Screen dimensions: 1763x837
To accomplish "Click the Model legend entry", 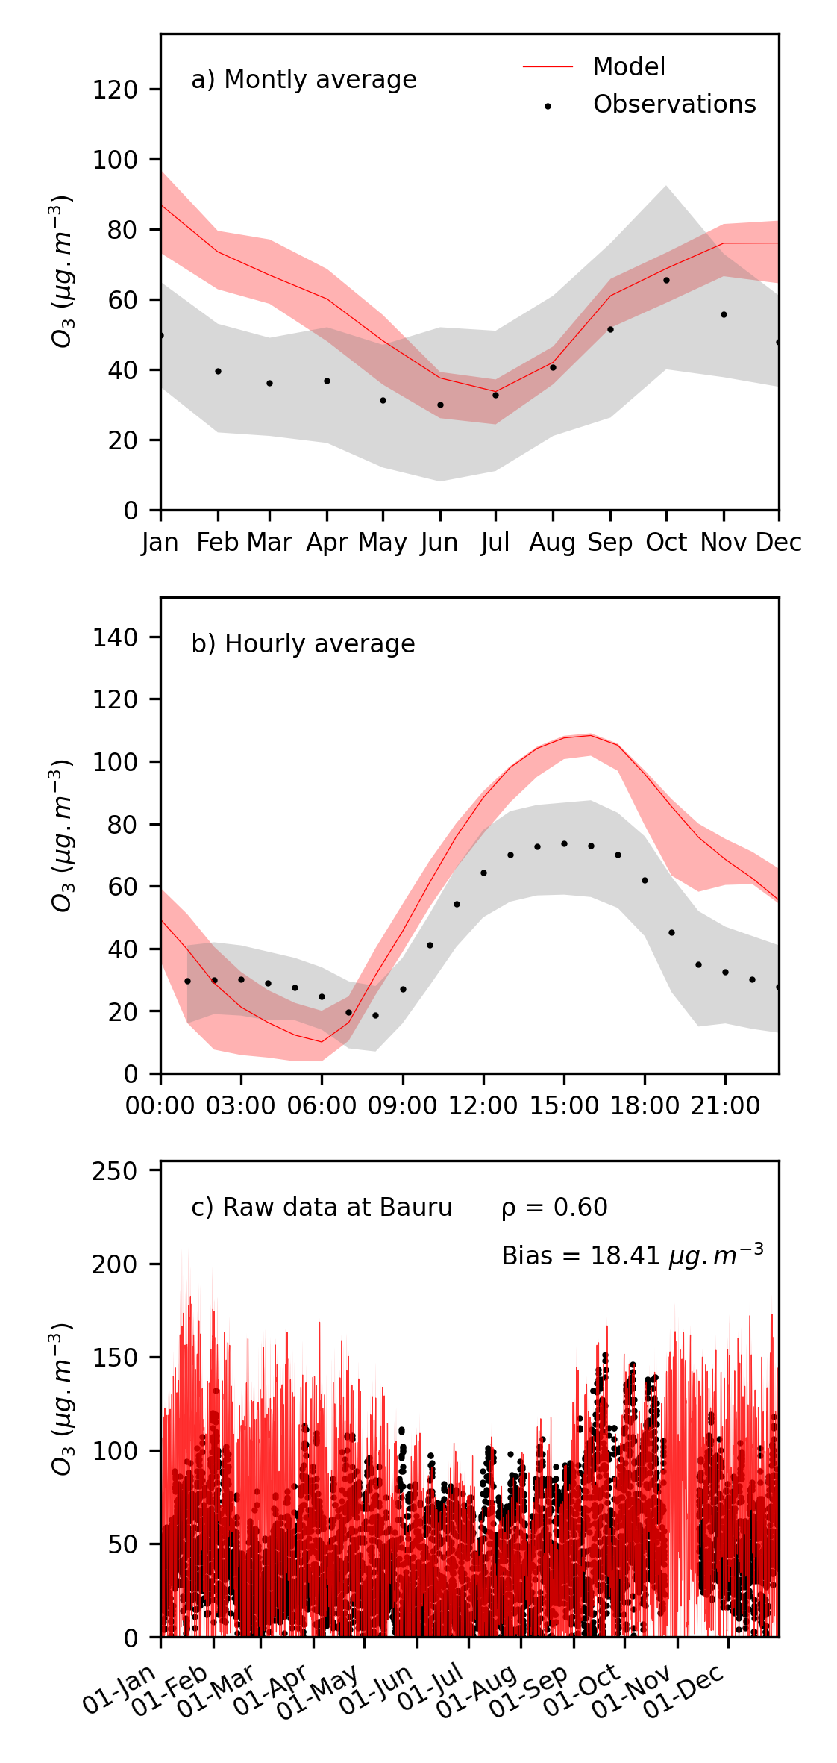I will point(628,67).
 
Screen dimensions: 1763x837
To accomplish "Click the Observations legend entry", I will point(674,104).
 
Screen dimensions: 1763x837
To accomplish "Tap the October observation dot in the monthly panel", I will point(666,280).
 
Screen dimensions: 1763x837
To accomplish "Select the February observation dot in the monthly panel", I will point(218,371).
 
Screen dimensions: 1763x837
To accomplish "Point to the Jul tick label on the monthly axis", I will point(495,543).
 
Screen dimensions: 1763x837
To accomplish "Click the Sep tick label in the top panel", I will point(610,543).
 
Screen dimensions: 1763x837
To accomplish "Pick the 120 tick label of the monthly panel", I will point(115,90).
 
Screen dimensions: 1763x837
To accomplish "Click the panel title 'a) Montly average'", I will point(304,80).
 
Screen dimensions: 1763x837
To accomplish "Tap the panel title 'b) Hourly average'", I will point(303,643).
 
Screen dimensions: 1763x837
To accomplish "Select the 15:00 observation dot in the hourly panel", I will point(564,844).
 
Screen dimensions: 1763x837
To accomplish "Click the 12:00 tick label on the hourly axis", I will point(483,1106).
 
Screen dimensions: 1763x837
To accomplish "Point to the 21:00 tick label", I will point(725,1106).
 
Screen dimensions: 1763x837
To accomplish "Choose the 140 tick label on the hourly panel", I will point(115,637).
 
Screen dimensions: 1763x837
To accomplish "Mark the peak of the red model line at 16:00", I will point(591,735).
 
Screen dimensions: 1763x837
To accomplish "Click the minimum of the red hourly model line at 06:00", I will point(322,1041).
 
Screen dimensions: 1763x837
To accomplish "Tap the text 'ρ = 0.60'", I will point(554,1208).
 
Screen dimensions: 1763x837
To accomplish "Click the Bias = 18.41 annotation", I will point(632,1255).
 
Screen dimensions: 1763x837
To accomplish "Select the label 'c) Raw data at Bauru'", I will point(322,1208).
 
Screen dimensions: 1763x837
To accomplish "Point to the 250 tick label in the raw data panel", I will point(115,1170).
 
